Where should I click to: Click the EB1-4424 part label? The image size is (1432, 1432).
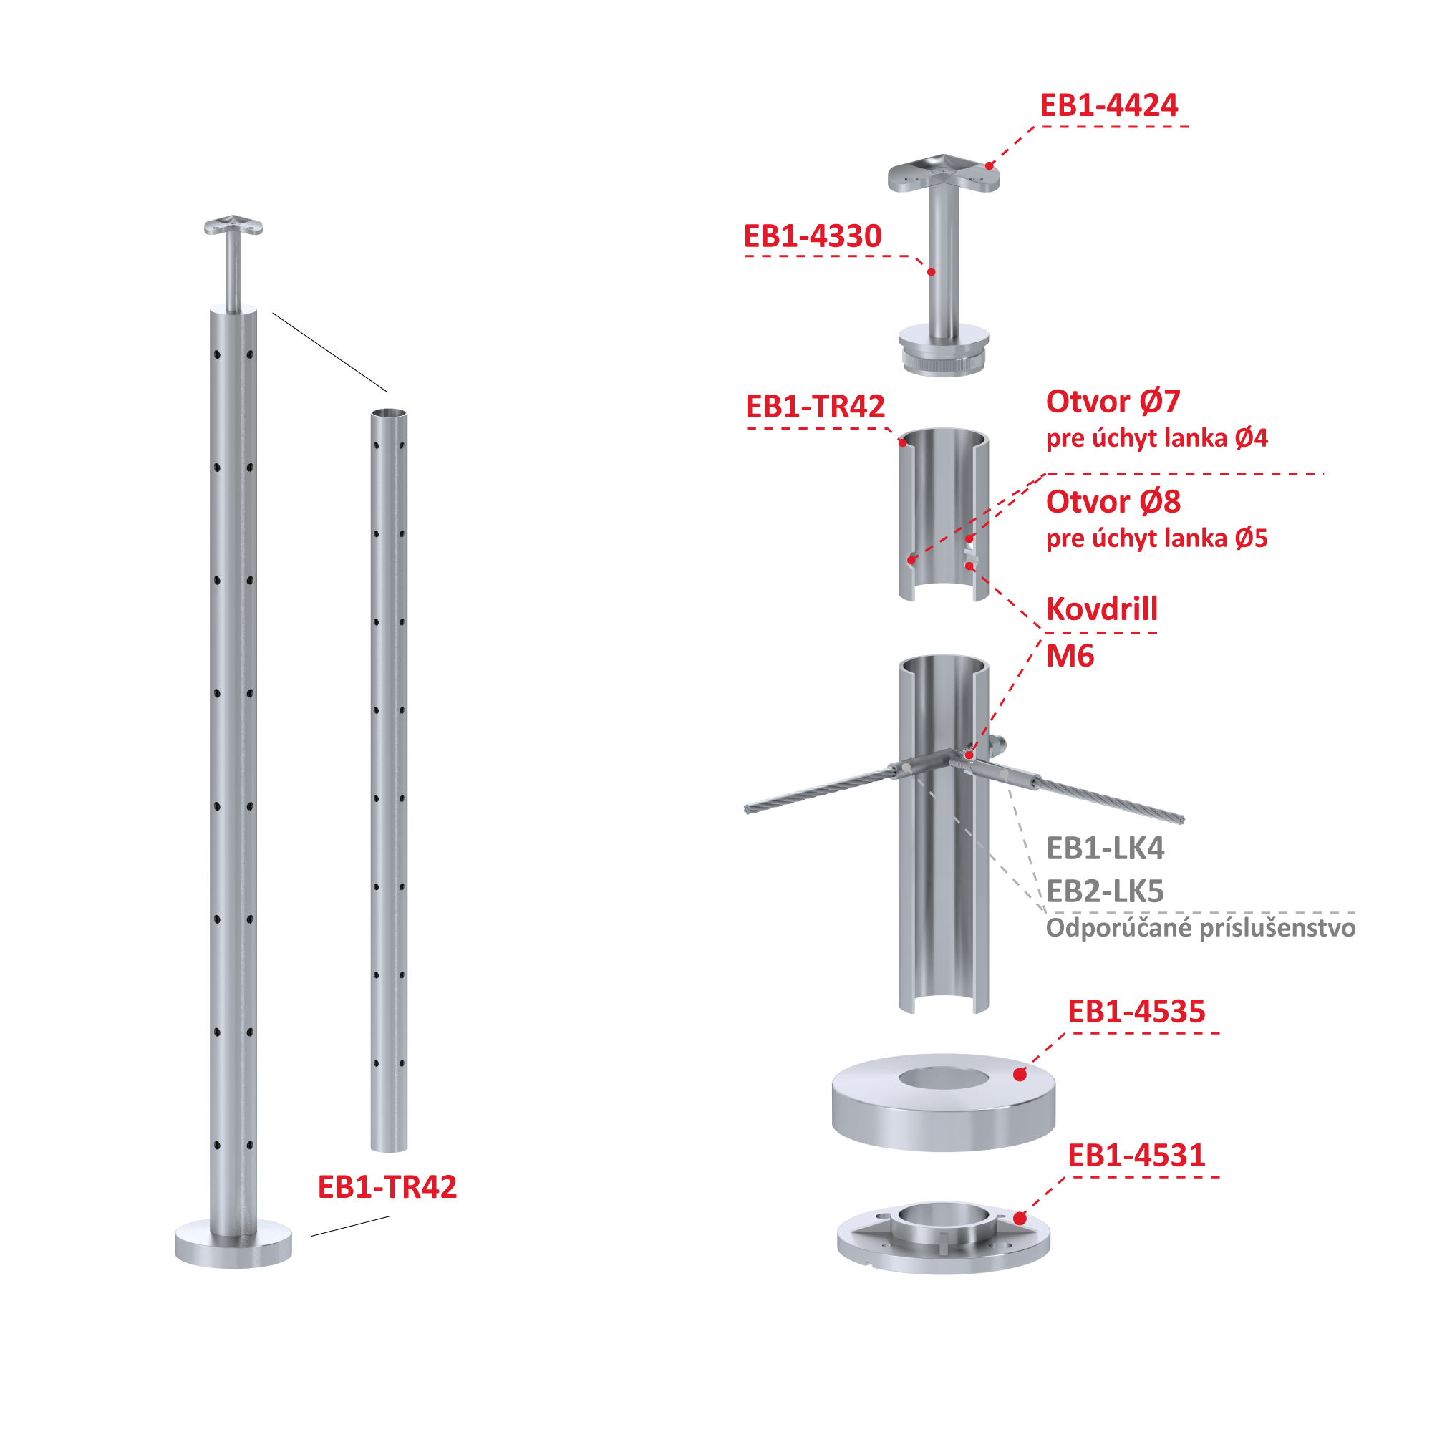(1108, 105)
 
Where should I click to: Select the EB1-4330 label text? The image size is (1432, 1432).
(813, 236)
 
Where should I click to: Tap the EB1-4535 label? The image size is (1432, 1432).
(1136, 1011)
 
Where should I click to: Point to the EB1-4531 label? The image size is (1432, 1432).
(1136, 1155)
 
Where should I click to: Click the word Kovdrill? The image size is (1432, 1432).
(1101, 609)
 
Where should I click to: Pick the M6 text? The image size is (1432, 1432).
(1070, 656)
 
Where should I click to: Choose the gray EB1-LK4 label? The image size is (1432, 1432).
(1105, 848)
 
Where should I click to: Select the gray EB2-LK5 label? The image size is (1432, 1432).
(1105, 891)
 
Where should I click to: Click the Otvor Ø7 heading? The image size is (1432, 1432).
(1113, 402)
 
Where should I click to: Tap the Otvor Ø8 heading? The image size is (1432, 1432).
(1113, 502)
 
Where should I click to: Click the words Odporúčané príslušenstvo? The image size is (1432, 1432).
(1201, 928)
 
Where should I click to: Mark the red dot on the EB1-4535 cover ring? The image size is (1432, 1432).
(1020, 1074)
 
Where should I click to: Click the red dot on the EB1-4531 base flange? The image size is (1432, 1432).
(1020, 1218)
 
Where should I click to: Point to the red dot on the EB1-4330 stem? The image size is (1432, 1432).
(932, 272)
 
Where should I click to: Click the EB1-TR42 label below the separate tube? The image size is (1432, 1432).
(387, 1186)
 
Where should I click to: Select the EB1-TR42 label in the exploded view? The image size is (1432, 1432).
(815, 406)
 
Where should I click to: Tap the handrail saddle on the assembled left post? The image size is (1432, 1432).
(233, 225)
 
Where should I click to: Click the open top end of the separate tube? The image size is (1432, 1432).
(389, 413)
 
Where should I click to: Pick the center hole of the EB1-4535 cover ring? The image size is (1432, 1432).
(944, 1078)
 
